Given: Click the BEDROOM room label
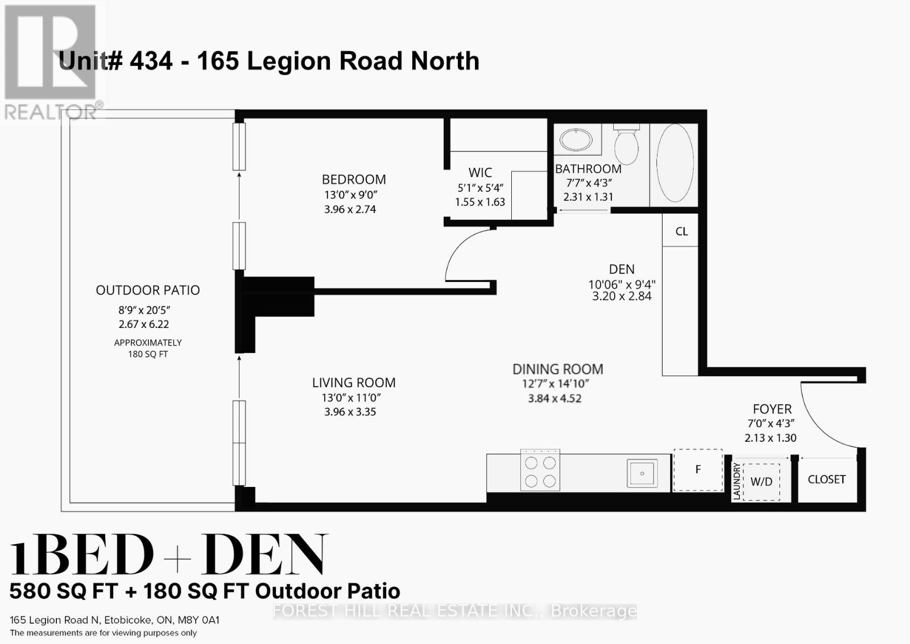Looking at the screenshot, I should pos(354,179).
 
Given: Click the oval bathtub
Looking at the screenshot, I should pos(675,163).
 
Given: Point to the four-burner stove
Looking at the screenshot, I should pos(540,471).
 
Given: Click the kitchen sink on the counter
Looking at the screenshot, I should pos(642,473).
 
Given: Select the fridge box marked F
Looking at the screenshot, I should pos(698,469).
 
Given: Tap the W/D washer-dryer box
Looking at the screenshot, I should pos(761,482).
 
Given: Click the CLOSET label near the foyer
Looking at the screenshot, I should pos(826,479).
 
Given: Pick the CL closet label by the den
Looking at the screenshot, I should pos(681,232).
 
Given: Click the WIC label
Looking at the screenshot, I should pos(480,173).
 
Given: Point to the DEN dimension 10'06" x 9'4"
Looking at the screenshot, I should pos(622,284).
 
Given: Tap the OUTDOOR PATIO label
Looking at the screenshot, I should pos(148,290).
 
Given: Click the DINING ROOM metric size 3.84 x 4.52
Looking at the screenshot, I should pos(555,399).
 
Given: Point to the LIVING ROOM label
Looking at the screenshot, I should pos(354,383).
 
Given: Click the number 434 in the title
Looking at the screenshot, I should pos(151,61).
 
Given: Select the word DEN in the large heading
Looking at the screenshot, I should pos(264,555).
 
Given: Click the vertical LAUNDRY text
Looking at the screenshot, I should pos(737,482).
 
